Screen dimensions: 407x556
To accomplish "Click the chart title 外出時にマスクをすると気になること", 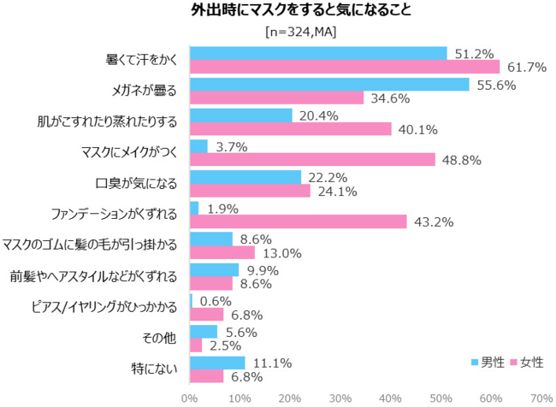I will [277, 12].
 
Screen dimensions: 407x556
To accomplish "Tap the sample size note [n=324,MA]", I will [278, 32].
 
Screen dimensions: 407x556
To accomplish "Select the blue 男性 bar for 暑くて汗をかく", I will [318, 53].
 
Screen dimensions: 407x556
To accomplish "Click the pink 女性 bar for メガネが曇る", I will [276, 98].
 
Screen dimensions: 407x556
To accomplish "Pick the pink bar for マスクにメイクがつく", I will [312, 160].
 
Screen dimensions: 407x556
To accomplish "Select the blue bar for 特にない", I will [217, 362].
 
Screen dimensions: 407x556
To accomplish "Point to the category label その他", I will [163, 338].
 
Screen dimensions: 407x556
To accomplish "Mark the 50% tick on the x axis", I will [441, 398].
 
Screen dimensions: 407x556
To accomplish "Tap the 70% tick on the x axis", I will [541, 398].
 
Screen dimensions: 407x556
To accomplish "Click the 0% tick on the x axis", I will [190, 398].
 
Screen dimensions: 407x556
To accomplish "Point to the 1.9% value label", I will [223, 208].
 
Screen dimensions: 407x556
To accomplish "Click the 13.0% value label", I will [280, 253].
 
